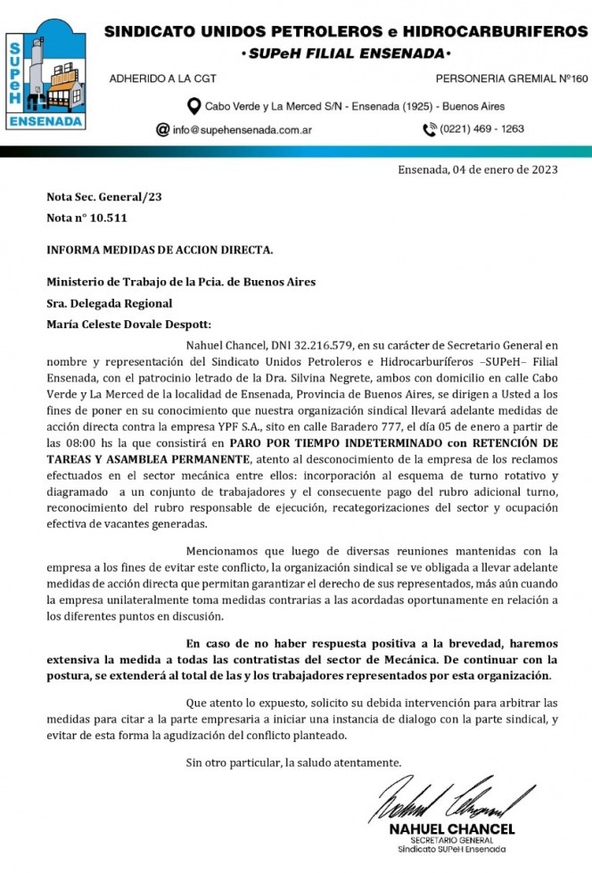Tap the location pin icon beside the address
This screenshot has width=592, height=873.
pos(193,106)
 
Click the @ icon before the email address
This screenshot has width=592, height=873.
pos(162,129)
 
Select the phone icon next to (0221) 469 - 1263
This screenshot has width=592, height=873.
pos(429,129)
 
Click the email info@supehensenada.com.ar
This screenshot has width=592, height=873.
pos(242,129)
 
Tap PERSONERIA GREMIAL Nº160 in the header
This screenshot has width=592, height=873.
pos(512,78)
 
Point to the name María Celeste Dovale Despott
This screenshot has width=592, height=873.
pos(130,325)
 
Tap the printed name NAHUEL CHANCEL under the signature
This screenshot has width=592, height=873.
pos(452,829)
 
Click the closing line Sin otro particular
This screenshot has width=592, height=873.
pos(294,762)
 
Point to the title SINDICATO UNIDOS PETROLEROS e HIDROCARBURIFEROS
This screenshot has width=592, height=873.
pos(340,32)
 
